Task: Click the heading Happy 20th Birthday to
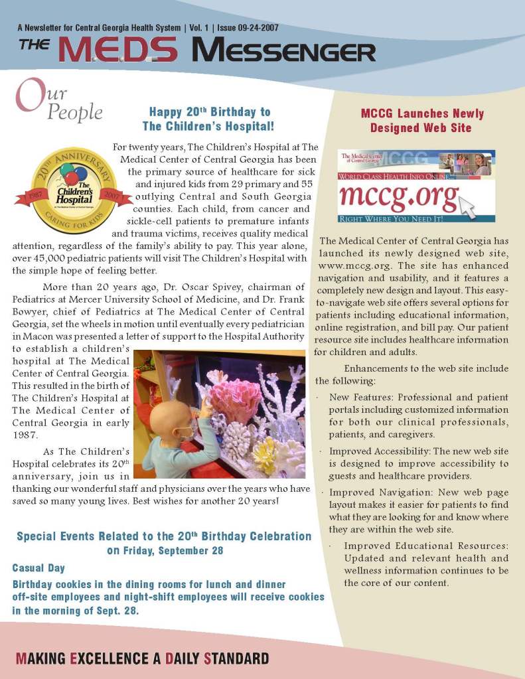click(209, 112)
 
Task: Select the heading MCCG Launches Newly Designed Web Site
click(421, 120)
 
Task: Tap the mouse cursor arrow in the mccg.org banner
click(467, 208)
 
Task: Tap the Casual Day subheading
click(38, 568)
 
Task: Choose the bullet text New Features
click(358, 397)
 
